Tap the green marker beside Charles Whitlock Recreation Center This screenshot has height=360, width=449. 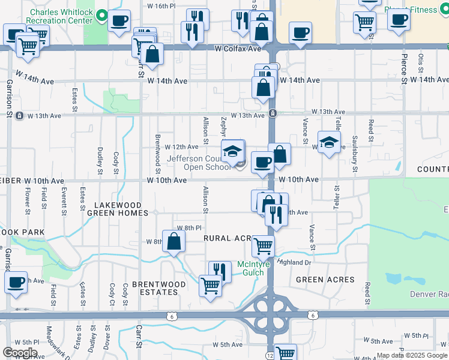[x=102, y=14]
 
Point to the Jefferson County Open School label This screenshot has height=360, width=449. [x=199, y=163]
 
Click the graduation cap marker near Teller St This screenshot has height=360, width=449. [x=328, y=142]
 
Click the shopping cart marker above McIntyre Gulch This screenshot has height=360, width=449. [x=263, y=245]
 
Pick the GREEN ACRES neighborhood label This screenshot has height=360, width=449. [x=325, y=280]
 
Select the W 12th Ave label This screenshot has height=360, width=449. [x=181, y=146]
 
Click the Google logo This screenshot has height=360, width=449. [x=20, y=352]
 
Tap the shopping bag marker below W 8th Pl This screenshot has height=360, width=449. [x=173, y=242]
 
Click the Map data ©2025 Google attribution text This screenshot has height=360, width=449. [x=411, y=355]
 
